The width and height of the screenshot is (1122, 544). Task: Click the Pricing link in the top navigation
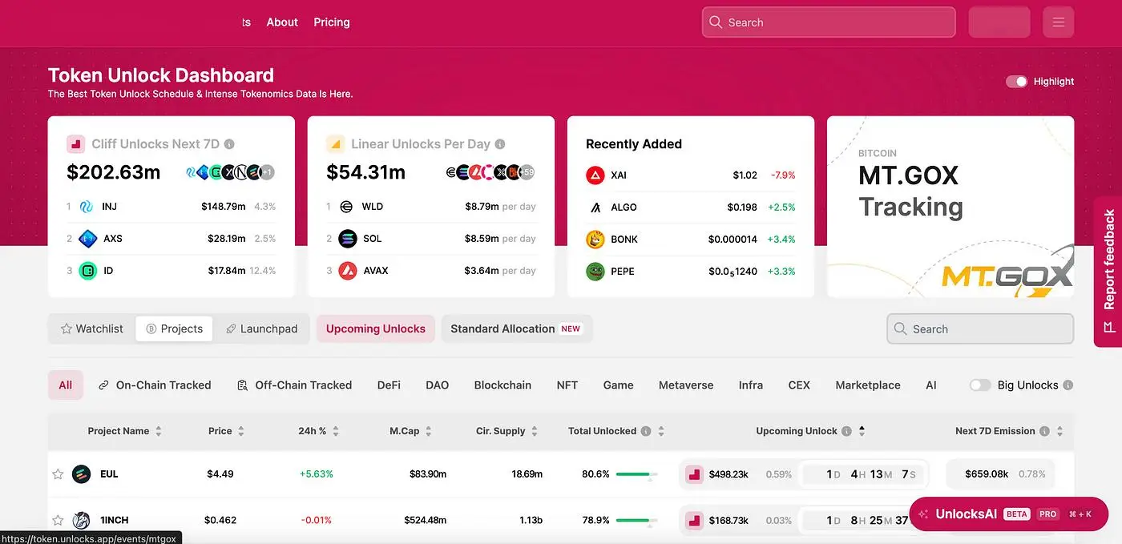click(x=332, y=22)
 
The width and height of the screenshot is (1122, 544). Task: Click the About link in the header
click(x=282, y=22)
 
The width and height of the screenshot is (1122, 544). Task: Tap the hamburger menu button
click(x=1058, y=22)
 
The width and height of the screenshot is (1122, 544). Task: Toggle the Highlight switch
click(x=1017, y=82)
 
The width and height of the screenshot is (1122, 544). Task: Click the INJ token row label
click(x=109, y=207)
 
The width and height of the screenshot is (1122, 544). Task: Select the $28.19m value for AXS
click(x=223, y=239)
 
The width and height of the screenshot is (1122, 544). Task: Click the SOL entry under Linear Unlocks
click(x=372, y=239)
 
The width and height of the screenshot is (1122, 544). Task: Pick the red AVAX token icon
click(x=347, y=271)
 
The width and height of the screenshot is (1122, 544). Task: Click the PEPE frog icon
click(x=595, y=272)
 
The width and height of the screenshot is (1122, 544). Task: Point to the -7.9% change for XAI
click(x=782, y=175)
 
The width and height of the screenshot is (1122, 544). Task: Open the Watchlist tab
click(x=91, y=329)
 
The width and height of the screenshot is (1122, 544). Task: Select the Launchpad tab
click(x=261, y=329)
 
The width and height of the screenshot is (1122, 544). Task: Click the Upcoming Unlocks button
click(x=375, y=329)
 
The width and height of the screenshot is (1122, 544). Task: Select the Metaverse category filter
click(x=685, y=385)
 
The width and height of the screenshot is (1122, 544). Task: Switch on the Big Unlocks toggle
click(x=979, y=385)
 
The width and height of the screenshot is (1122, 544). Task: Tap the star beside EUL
click(x=58, y=474)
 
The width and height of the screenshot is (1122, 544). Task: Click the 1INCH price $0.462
click(x=220, y=520)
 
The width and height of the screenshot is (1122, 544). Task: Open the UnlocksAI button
click(x=1007, y=514)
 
